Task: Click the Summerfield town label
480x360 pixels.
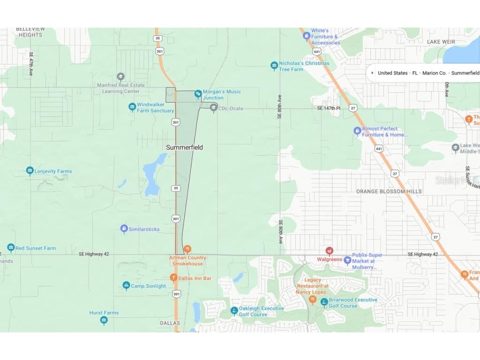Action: [x=184, y=147]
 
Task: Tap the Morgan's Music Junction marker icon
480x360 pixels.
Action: [x=198, y=94]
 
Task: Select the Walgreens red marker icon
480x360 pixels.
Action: [x=330, y=251]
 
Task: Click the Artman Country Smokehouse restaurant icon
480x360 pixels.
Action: [x=187, y=249]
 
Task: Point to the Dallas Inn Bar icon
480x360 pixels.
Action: [x=173, y=278]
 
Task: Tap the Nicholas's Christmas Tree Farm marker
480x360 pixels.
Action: [x=274, y=66]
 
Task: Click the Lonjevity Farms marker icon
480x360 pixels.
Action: [x=30, y=171]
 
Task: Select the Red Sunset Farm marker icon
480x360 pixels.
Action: [x=11, y=247]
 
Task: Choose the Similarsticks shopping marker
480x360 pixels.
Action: [x=124, y=229]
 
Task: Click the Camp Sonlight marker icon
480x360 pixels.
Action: [x=126, y=285]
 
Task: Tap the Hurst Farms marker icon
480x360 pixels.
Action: [x=104, y=321]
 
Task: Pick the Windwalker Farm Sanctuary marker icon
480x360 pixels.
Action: [x=132, y=107]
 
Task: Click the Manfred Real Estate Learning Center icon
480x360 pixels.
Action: [x=120, y=77]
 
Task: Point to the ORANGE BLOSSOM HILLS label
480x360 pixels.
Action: [x=389, y=192]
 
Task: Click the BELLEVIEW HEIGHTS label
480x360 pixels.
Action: [x=29, y=32]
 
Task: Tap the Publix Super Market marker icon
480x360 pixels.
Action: [x=347, y=260]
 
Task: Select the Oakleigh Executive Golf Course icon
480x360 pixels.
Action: [x=234, y=311]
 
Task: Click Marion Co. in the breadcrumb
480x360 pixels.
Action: [x=434, y=73]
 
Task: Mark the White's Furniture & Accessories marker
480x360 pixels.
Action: [x=307, y=36]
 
